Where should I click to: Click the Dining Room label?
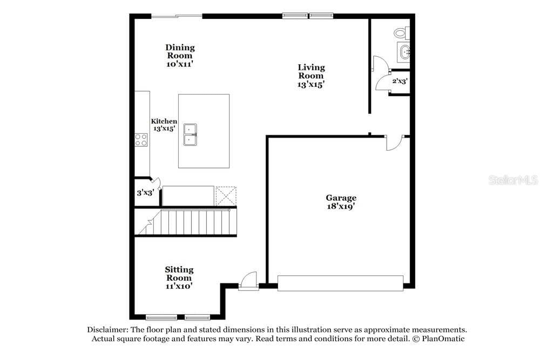[x=180, y=56]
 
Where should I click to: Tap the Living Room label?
[x=312, y=76]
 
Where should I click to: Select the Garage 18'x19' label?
[x=341, y=202]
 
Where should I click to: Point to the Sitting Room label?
[x=179, y=278]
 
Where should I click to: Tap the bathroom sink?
[x=404, y=52]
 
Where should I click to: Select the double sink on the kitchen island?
[x=190, y=134]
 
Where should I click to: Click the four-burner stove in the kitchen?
[x=141, y=140]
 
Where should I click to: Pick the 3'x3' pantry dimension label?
[x=145, y=193]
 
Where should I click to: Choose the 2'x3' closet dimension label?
[x=400, y=81]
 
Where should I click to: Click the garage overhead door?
[x=340, y=283]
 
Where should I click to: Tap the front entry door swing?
[x=248, y=280]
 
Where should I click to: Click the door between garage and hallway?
[x=394, y=142]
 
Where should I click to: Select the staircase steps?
[x=185, y=222]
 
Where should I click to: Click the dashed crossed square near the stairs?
[x=226, y=196]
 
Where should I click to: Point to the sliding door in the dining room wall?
[x=177, y=16]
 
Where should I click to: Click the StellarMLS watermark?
[x=513, y=180]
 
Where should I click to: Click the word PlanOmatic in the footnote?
[x=443, y=338]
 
